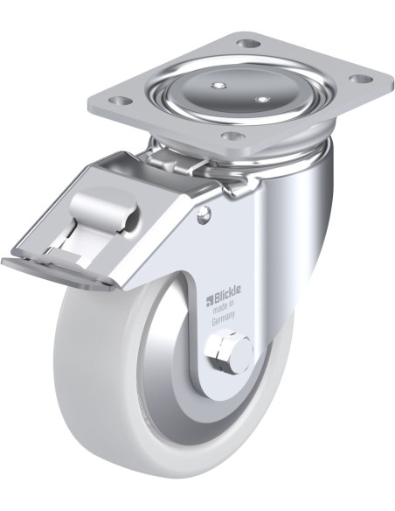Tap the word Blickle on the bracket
(x=227, y=290)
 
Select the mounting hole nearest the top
(x=249, y=43)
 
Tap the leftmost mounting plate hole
(x=121, y=101)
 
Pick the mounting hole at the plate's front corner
(x=233, y=136)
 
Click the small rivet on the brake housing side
(x=204, y=215)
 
